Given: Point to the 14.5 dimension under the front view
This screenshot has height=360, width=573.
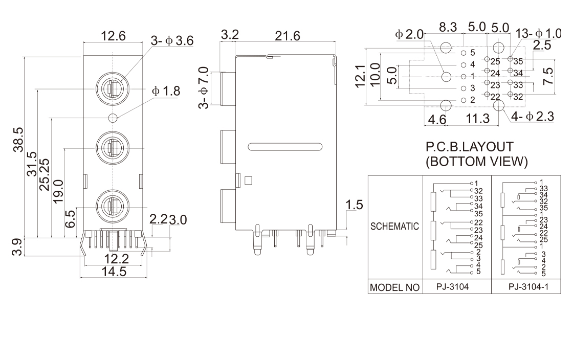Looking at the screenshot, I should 114,272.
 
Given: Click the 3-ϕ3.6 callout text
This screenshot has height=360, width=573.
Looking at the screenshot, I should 172,41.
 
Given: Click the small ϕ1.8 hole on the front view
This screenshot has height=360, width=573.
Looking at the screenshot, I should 114,118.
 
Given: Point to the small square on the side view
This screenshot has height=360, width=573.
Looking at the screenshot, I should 249,180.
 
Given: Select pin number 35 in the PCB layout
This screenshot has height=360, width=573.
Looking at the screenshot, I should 518,61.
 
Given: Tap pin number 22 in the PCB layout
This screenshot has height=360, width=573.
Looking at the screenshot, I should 495,97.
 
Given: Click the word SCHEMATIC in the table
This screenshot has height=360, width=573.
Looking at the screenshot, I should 395,226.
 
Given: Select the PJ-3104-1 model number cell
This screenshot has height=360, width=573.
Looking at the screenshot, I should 528,287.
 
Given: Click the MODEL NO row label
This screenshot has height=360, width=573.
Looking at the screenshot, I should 395,287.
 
